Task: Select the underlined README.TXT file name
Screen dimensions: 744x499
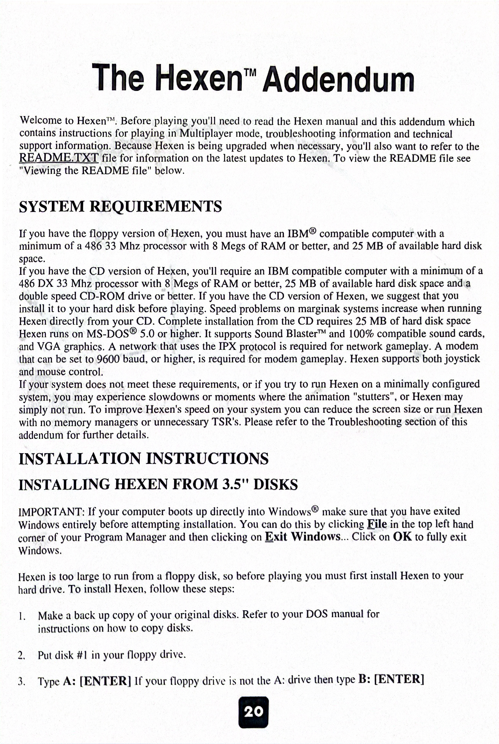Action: [x=59, y=158]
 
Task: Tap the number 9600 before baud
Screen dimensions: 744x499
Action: [x=108, y=359]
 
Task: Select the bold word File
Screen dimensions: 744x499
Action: [x=377, y=524]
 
